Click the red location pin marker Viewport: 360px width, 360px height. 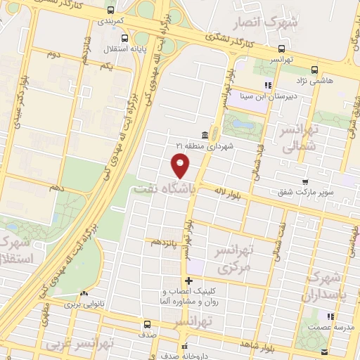coord(181,166)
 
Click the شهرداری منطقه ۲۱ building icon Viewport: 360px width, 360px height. coord(204,134)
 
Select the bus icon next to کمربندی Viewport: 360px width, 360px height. coord(110,10)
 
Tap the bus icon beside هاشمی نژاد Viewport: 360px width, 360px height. coord(314,69)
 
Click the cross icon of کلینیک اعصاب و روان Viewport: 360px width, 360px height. coord(188,281)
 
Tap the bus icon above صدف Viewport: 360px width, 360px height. coord(147,325)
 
